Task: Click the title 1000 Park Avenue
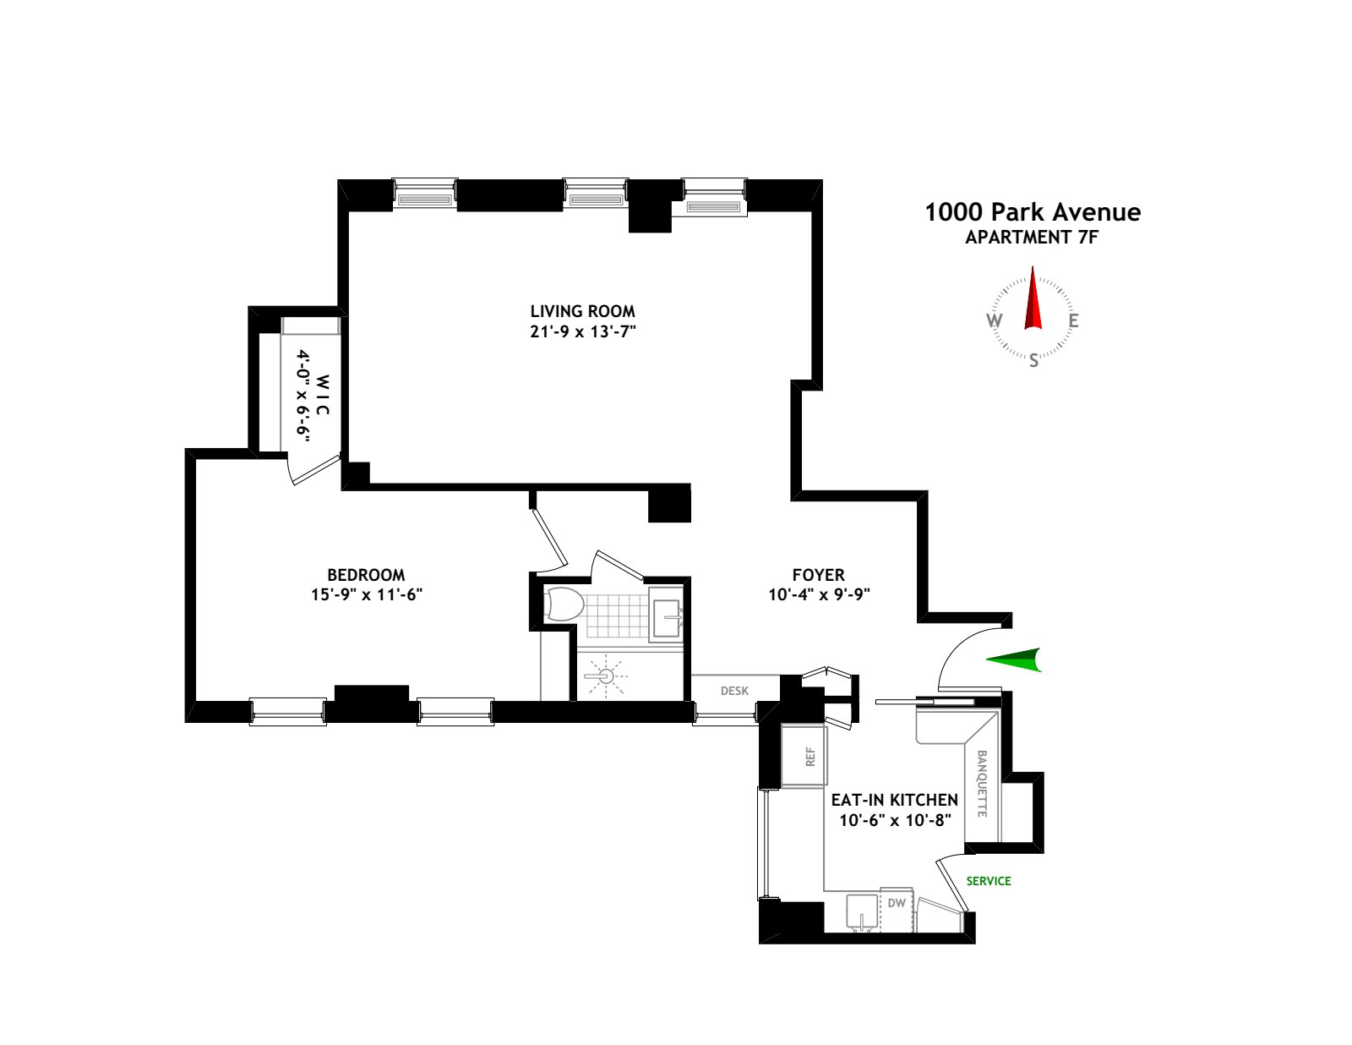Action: click(x=1033, y=212)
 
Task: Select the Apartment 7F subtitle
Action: click(x=1032, y=238)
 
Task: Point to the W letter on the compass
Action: click(x=995, y=320)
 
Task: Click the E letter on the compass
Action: click(x=1073, y=321)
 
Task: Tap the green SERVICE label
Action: click(x=989, y=881)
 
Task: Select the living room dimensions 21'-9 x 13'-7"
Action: click(x=582, y=331)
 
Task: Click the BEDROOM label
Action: click(x=366, y=575)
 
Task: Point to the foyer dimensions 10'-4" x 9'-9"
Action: click(x=819, y=594)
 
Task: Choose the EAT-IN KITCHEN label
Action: click(x=894, y=800)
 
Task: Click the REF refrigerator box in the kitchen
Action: click(x=810, y=756)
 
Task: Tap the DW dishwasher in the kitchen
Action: click(x=897, y=904)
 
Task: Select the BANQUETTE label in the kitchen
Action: click(x=982, y=784)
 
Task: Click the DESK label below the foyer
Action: click(x=734, y=691)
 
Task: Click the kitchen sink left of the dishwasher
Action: click(x=862, y=911)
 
